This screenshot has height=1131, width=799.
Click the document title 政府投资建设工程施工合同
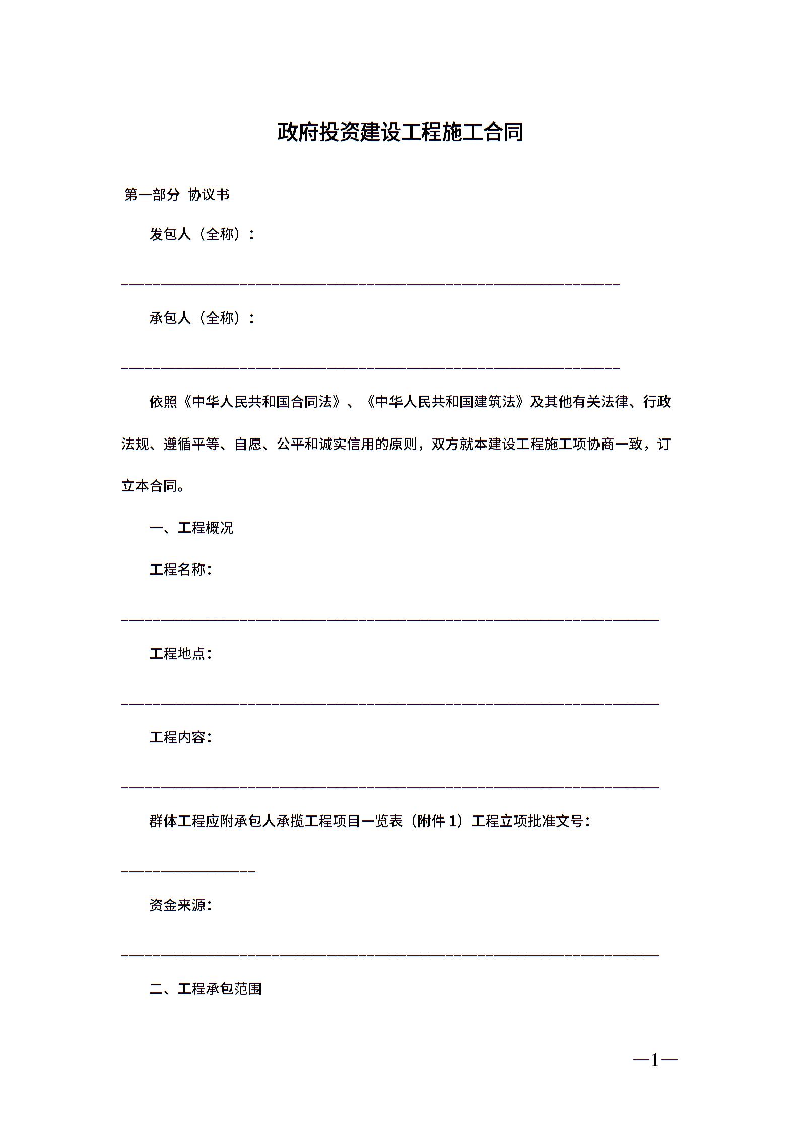400,133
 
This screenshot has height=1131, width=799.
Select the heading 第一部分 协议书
177,195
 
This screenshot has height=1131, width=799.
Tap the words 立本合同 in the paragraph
149,486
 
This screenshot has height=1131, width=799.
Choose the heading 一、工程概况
191,528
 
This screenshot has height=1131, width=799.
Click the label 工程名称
180,570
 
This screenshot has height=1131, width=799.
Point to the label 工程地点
180,654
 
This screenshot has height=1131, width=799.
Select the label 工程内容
180,737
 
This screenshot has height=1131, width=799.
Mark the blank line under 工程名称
390,619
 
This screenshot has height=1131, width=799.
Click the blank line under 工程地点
390,703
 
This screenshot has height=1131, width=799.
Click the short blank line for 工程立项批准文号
188,871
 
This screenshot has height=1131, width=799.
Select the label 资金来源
180,905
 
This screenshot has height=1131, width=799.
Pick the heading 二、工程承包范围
206,989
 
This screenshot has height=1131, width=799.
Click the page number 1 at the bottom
655,1061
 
